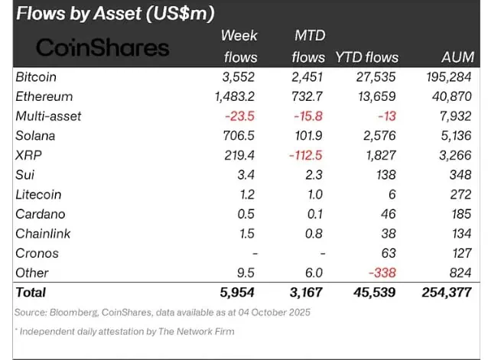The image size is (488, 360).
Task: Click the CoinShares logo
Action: coord(102,47)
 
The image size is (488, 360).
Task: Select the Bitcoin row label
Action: coord(36,77)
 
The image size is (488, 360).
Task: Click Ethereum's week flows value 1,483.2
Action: coord(231,97)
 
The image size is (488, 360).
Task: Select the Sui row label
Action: coord(24,175)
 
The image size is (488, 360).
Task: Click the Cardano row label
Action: coord(39,214)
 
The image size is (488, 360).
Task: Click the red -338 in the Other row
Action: coord(383,273)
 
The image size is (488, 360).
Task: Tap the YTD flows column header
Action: coord(366,57)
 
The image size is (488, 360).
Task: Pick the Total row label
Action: coord(31,292)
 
